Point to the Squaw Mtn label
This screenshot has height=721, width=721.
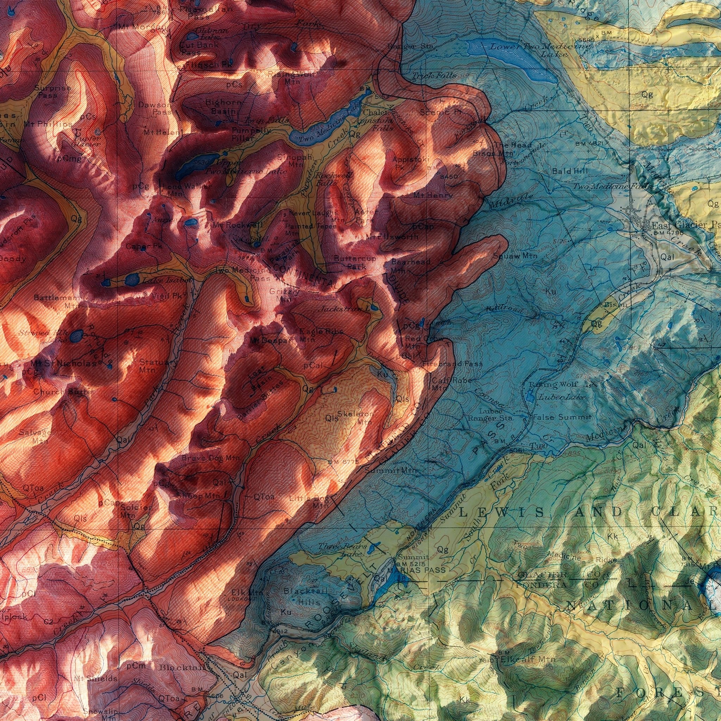(515, 256)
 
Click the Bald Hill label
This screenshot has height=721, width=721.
(570, 171)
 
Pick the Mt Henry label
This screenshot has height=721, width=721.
(433, 195)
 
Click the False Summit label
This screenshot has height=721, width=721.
(562, 417)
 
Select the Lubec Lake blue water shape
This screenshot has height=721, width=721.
(530, 395)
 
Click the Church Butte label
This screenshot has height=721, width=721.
(62, 392)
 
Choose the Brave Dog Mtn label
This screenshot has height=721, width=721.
(211, 458)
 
